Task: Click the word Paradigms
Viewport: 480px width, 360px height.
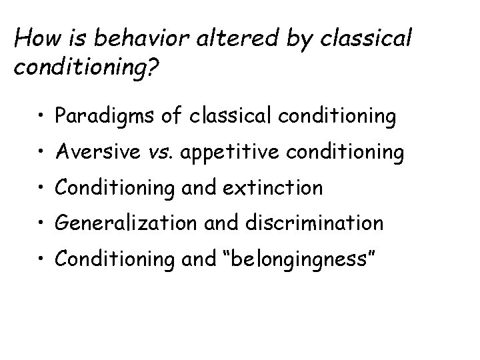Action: (103, 118)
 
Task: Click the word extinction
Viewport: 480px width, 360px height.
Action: (273, 188)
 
